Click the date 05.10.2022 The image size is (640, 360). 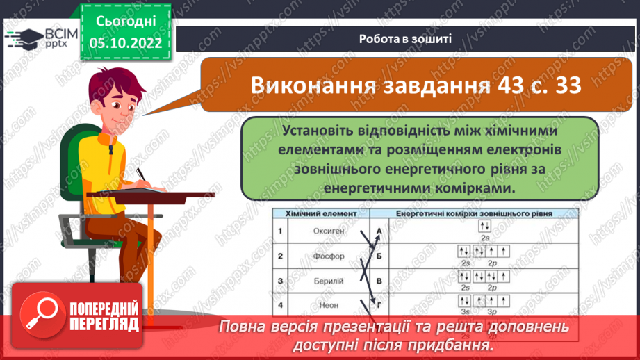(x=126, y=42)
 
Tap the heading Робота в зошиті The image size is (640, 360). (x=406, y=39)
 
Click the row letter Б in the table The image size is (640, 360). (x=379, y=256)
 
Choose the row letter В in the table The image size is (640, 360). (x=379, y=280)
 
